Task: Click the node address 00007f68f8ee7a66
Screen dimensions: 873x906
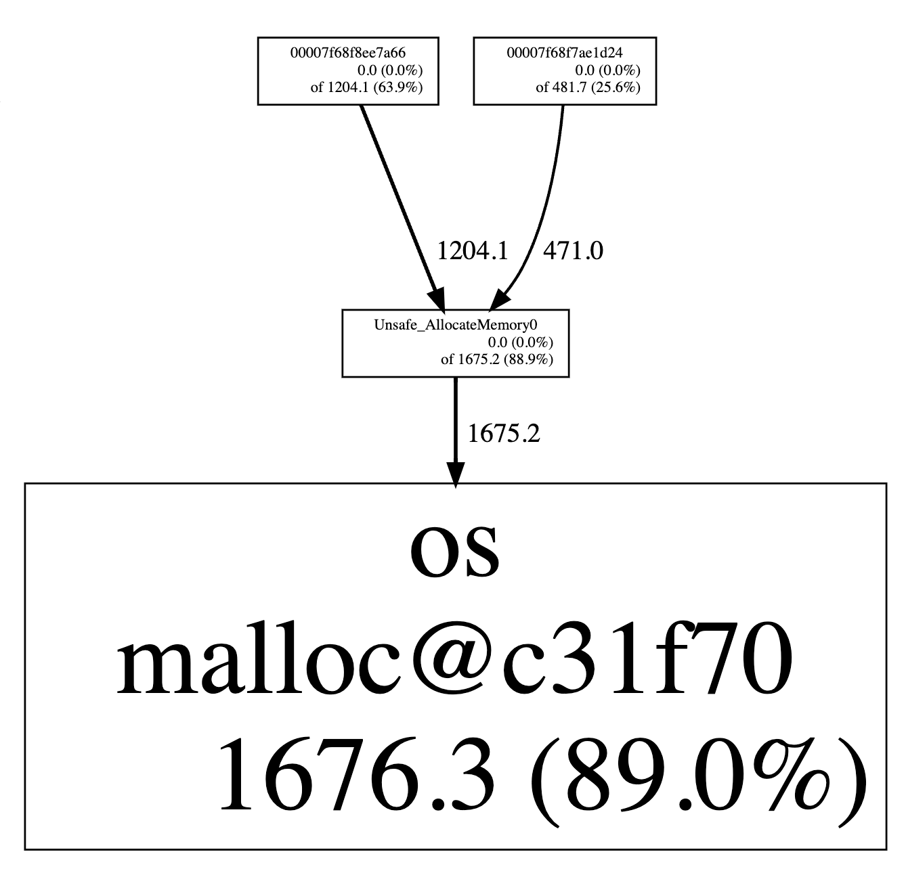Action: pos(347,53)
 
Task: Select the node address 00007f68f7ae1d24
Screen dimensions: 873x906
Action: pos(565,53)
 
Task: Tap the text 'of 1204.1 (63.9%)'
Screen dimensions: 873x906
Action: pos(366,87)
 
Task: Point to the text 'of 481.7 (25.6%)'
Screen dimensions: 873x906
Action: pos(587,87)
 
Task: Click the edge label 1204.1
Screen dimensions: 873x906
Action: pos(472,252)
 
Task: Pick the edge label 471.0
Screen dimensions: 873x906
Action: pos(573,252)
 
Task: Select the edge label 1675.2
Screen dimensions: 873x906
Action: pos(504,434)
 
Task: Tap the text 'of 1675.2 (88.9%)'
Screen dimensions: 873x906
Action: pos(496,359)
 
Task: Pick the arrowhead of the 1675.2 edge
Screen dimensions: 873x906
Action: pos(456,474)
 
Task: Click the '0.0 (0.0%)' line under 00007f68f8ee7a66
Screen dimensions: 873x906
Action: pos(390,70)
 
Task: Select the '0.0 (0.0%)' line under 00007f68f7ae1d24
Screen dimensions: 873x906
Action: pos(607,70)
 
